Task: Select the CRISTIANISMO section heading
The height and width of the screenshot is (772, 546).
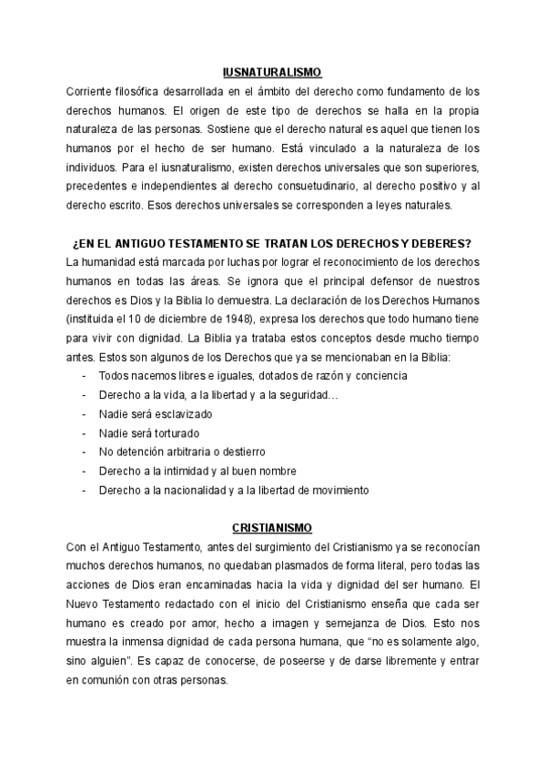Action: [x=272, y=527]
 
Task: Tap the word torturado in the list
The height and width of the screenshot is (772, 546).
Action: [x=178, y=432]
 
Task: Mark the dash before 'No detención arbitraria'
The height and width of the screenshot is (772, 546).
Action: [x=84, y=452]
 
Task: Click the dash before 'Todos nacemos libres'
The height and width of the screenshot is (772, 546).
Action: [x=84, y=375]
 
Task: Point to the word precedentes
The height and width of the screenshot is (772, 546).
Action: [x=100, y=186]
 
